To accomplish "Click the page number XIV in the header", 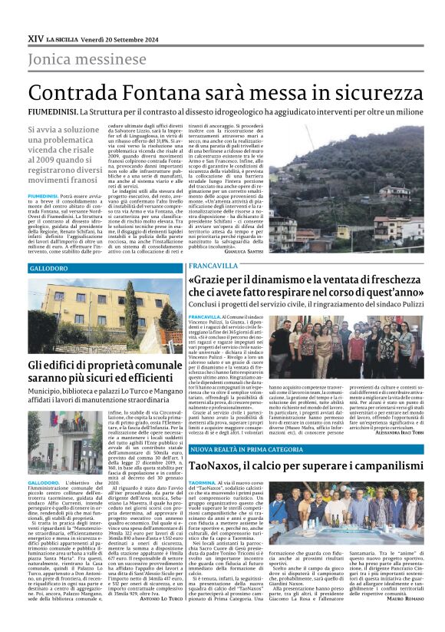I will (x=35, y=37).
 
